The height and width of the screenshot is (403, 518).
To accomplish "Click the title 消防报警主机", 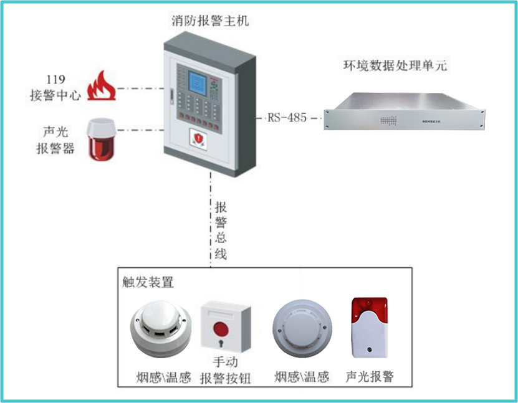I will tap(210, 21).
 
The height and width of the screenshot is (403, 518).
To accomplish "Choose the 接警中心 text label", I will tap(55, 96).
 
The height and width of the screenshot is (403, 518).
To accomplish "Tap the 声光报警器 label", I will tap(55, 141).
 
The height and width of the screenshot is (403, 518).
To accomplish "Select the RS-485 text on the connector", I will tap(287, 117).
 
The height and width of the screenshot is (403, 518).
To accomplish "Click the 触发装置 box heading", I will tap(148, 282).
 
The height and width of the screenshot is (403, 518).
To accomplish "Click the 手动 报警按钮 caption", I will tap(225, 370).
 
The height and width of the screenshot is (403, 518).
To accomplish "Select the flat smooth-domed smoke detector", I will tap(301, 329).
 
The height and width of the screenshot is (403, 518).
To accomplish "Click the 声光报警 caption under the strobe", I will tap(370, 377).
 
